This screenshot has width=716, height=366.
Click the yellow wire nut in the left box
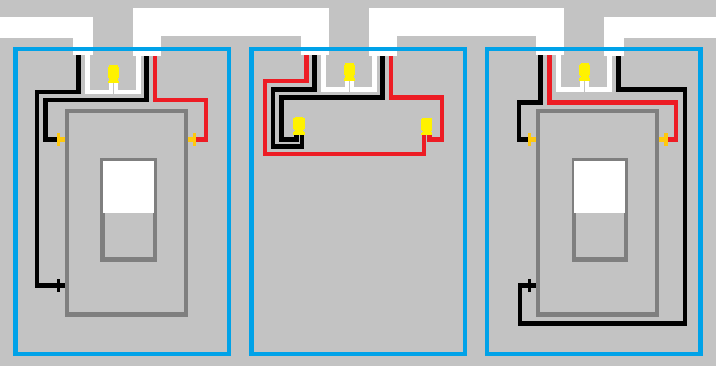click(113, 74)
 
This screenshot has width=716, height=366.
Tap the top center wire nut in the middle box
click(349, 71)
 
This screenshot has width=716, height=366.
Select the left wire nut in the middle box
click(299, 126)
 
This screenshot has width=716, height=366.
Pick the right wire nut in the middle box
click(426, 126)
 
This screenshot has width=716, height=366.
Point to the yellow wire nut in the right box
click(584, 71)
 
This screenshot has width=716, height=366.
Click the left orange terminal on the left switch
click(59, 139)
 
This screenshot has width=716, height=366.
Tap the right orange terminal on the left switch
click(193, 139)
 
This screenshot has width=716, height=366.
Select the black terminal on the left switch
click(59, 285)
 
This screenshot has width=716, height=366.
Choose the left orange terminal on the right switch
click(530, 139)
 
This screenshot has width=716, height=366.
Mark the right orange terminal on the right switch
click(664, 139)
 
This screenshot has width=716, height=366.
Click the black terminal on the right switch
click(529, 285)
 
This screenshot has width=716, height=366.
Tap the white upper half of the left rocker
click(128, 187)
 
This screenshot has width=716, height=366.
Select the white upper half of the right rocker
click(599, 187)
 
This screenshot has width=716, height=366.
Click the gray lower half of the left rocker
click(128, 235)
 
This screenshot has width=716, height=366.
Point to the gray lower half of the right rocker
click(599, 235)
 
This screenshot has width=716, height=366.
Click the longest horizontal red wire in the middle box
click(345, 153)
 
